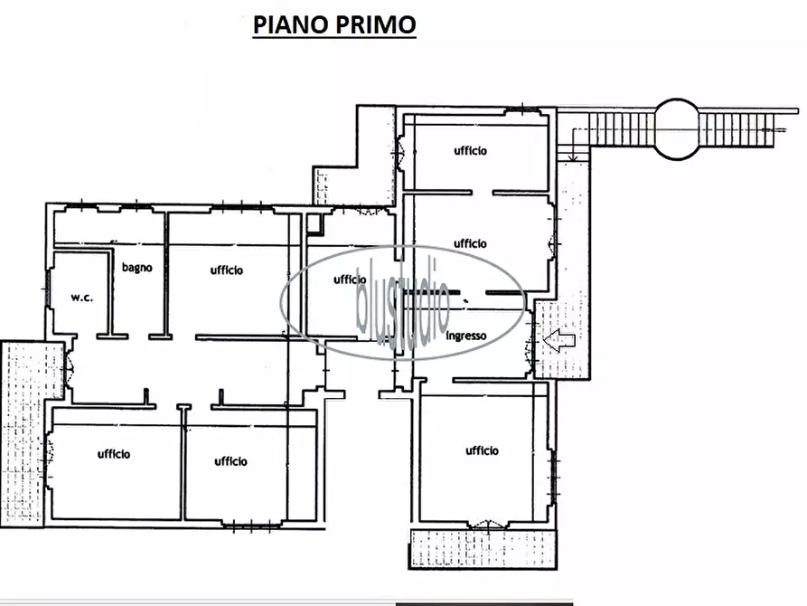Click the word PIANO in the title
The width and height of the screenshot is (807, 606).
[x=288, y=24]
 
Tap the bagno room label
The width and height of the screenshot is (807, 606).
[x=137, y=268]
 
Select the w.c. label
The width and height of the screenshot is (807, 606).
[x=82, y=297]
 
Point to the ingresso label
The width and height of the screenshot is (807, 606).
[x=466, y=336]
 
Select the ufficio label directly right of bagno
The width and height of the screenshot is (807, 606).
[x=227, y=270]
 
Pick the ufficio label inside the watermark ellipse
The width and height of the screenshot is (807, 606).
[x=350, y=279]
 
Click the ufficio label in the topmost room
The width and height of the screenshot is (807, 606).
[x=470, y=151]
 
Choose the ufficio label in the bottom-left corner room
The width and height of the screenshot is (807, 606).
[x=114, y=454]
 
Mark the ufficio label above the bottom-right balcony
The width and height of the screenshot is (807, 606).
[x=482, y=450]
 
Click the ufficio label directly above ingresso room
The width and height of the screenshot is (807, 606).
[x=470, y=243]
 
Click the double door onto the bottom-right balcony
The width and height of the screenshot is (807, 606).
[x=485, y=524]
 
